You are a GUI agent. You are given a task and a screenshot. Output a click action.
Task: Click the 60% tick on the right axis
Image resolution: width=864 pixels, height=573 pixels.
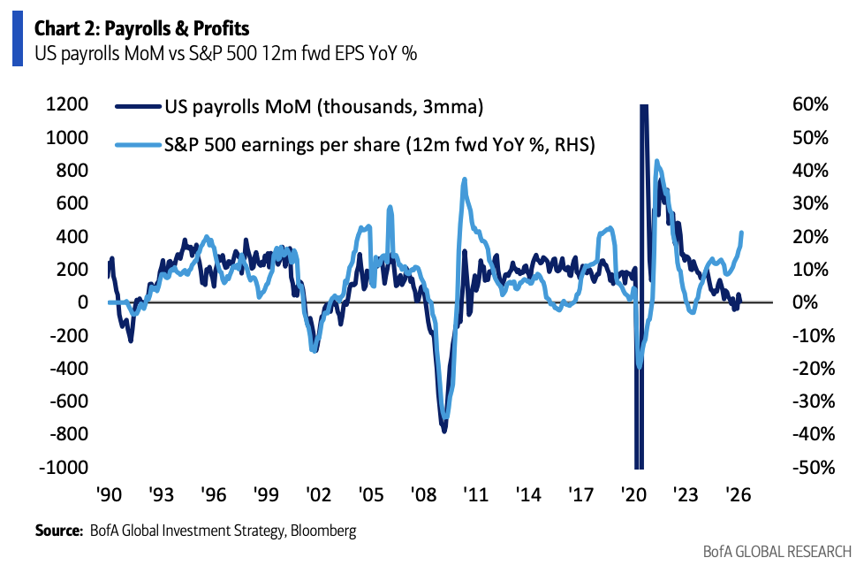point(811,104)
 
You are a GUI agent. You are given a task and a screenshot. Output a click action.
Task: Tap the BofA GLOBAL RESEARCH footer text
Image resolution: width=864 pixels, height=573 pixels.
point(777,553)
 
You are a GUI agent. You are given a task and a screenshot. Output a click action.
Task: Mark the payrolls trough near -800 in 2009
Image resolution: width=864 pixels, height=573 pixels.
point(444,430)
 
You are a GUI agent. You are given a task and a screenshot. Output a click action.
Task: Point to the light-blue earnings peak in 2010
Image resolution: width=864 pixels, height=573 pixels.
point(465,180)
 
